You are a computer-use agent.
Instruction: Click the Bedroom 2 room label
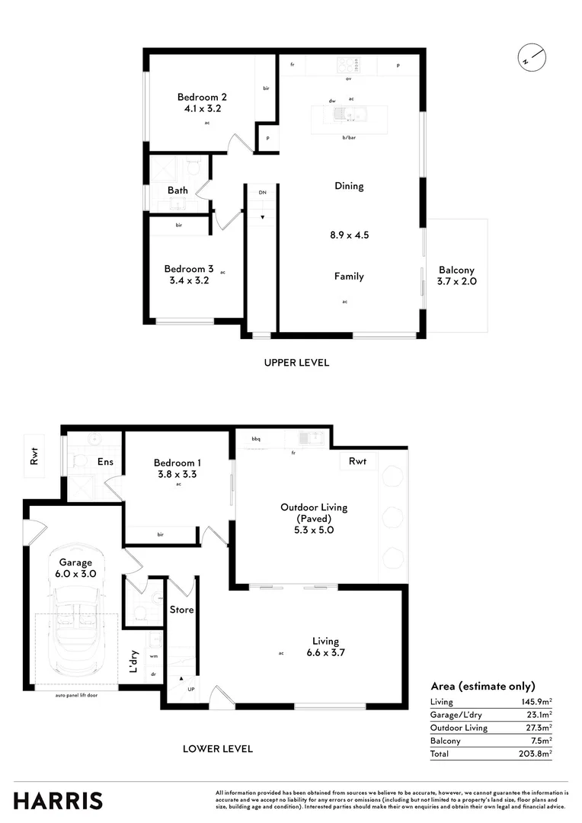pyautogui.click(x=202, y=97)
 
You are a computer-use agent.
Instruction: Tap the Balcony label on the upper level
pyautogui.click(x=456, y=270)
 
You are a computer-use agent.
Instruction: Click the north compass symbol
pyautogui.click(x=531, y=56)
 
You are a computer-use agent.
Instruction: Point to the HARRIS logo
pyautogui.click(x=58, y=800)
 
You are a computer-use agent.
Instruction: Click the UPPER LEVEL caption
pyautogui.click(x=296, y=363)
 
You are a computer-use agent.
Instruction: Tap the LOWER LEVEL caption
pyautogui.click(x=218, y=748)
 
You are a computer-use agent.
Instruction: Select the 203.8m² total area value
pyautogui.click(x=536, y=754)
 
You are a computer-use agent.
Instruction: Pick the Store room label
pyautogui.click(x=182, y=610)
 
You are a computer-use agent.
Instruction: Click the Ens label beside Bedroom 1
pyautogui.click(x=105, y=462)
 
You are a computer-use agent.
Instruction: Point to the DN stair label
pyautogui.click(x=262, y=193)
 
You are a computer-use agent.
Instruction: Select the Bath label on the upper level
pyautogui.click(x=178, y=190)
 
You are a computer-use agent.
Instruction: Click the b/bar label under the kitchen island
pyautogui.click(x=349, y=137)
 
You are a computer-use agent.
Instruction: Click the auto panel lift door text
pyautogui.click(x=76, y=695)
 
